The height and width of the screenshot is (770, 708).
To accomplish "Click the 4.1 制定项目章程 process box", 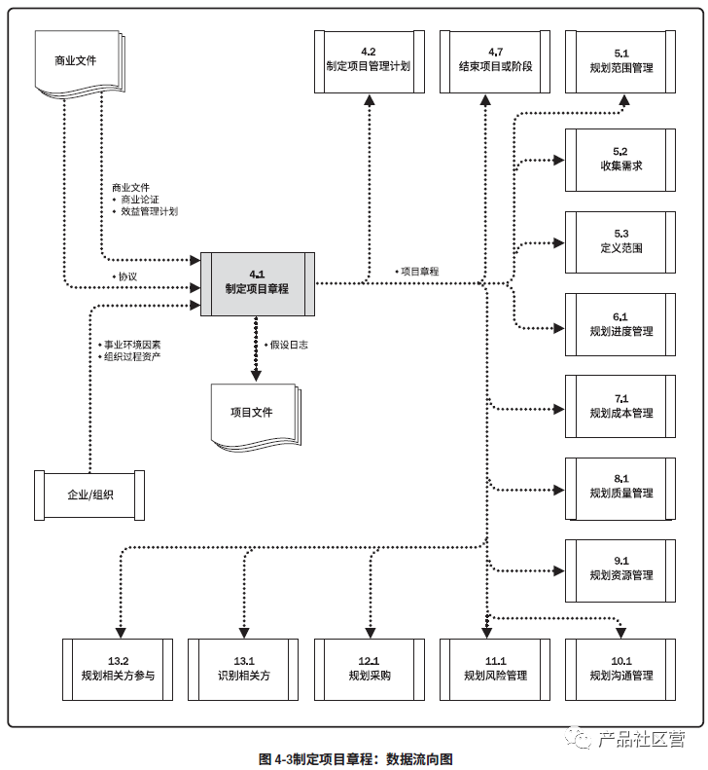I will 258,282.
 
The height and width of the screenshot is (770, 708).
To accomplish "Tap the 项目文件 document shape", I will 252,413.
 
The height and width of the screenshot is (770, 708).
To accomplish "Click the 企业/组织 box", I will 89,495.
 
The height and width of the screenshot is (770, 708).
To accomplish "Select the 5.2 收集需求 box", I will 621,160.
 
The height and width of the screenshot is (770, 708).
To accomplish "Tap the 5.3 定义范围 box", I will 621,241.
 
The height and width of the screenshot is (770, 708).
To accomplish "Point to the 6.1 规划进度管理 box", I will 621,324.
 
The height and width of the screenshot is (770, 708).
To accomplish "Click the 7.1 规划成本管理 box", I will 621,406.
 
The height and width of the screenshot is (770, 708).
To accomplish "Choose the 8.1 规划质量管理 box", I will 621,487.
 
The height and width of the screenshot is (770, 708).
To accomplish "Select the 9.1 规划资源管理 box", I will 621,568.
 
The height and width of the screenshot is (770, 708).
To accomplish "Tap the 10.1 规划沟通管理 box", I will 621,669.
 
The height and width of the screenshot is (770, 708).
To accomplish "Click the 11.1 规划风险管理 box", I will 495,669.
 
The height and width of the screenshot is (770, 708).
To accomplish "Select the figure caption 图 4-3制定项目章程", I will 356,758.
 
